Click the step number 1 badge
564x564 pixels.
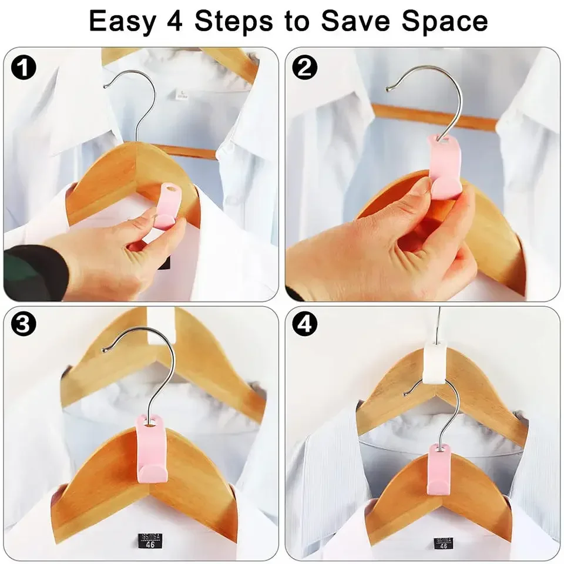(x=23, y=68)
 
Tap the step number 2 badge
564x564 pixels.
(x=304, y=68)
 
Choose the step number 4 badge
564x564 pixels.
(x=304, y=325)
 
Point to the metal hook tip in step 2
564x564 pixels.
(x=388, y=89)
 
